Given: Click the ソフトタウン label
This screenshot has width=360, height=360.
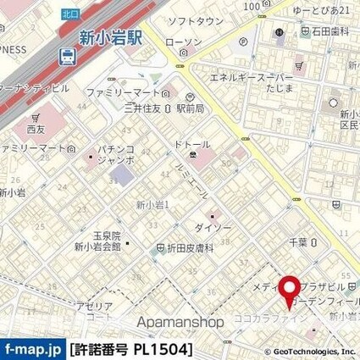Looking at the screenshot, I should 195,20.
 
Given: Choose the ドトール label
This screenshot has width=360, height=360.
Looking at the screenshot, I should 191,145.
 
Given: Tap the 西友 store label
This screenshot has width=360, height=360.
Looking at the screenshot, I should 35,130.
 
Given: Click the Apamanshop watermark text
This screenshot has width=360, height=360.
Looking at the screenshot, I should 180,322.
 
